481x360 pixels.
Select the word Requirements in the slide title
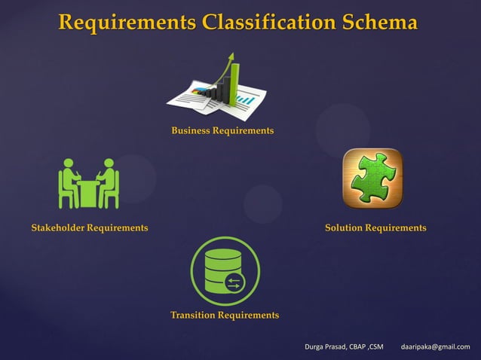point(124,23)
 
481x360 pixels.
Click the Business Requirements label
point(222,131)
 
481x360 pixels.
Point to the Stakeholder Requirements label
point(90,227)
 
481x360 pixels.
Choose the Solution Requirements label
point(375,227)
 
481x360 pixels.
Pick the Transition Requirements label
point(225,315)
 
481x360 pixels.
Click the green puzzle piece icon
point(372,178)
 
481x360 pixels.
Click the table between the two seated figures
point(89,193)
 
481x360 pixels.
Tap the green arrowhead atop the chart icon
point(233,57)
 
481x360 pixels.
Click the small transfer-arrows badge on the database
point(233,282)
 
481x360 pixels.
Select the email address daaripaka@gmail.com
point(435,346)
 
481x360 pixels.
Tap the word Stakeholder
point(57,227)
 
